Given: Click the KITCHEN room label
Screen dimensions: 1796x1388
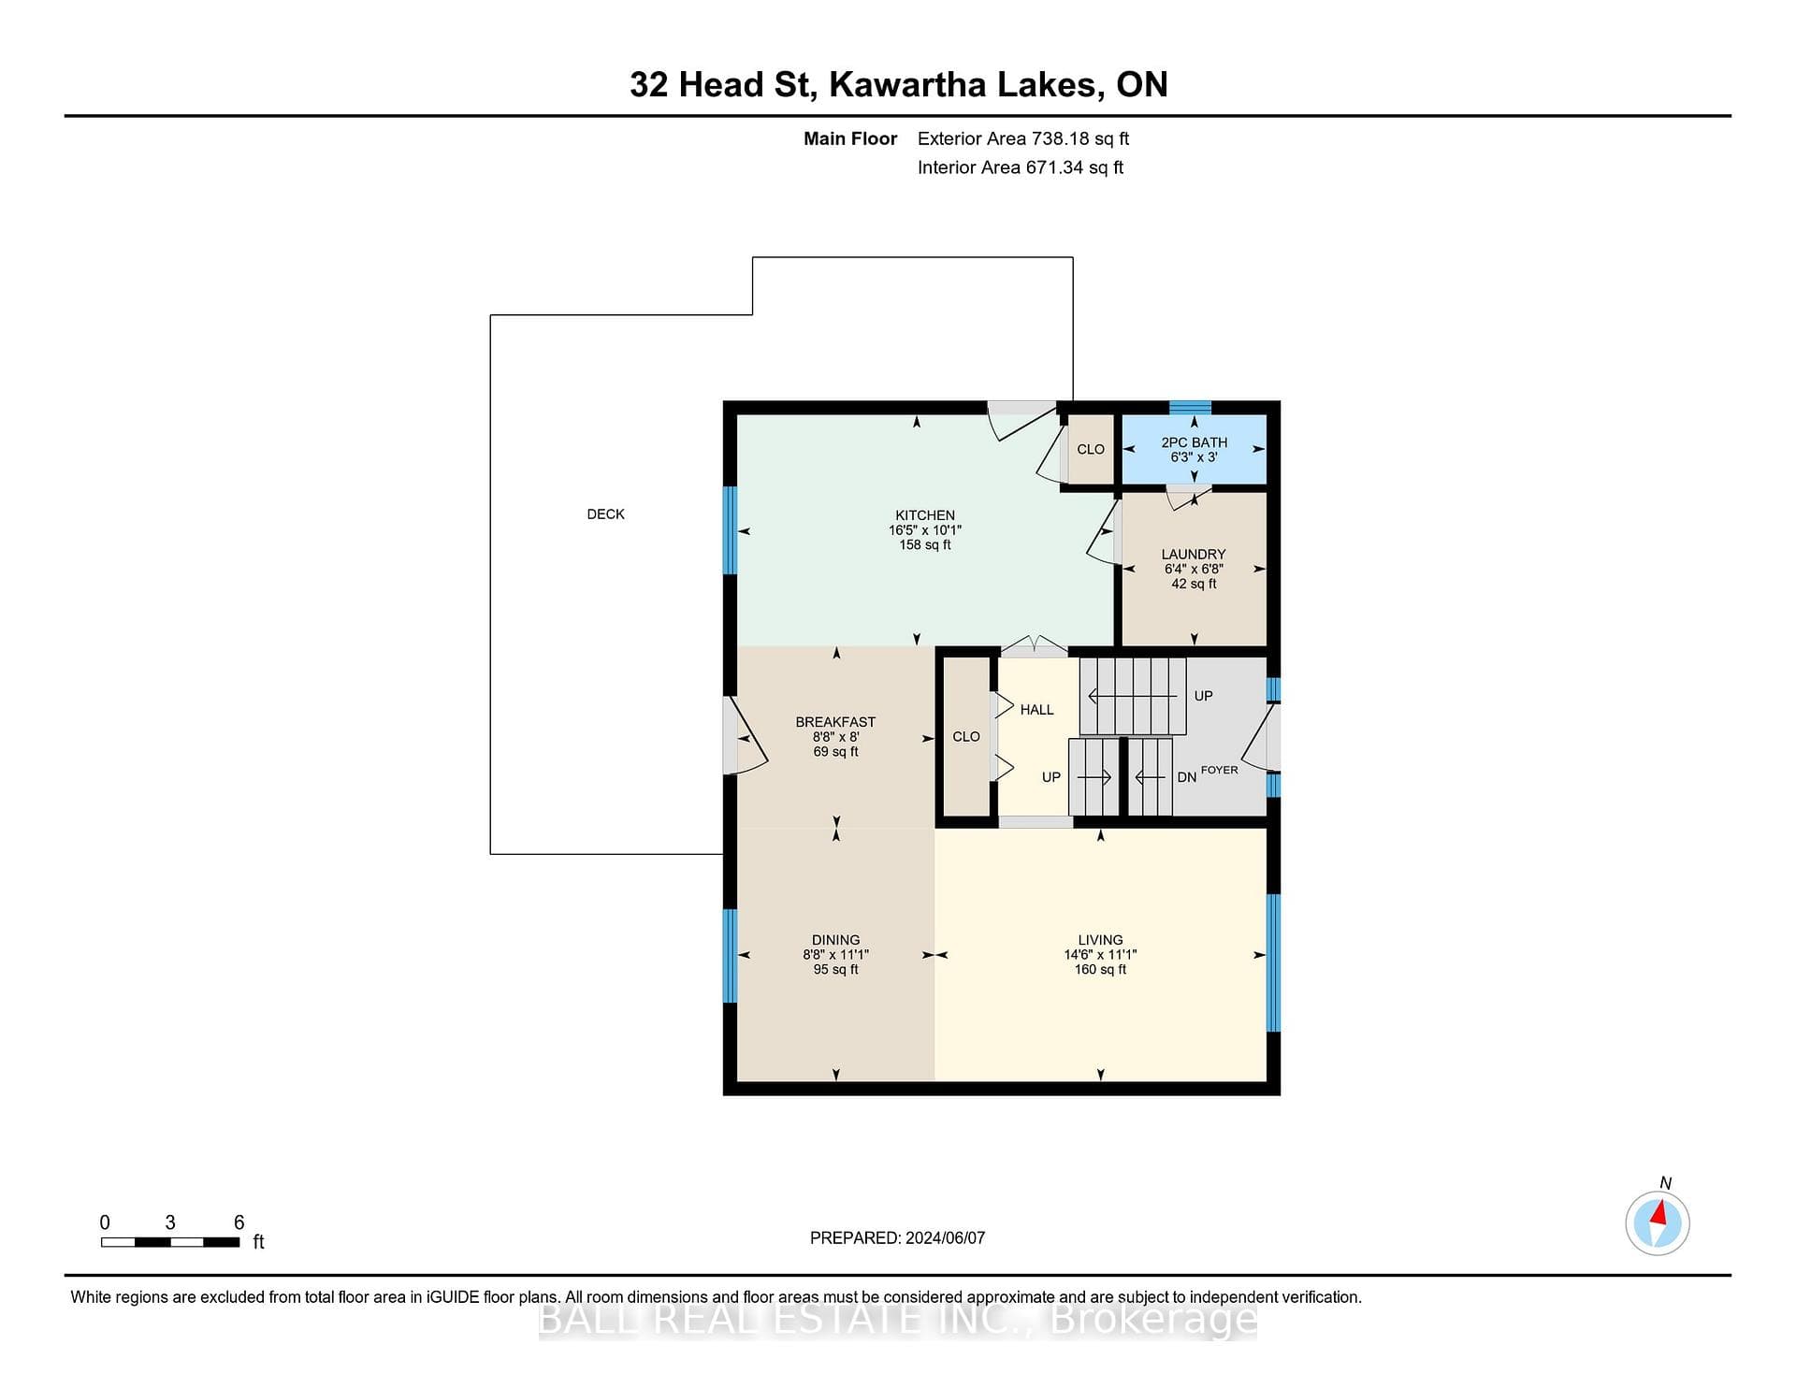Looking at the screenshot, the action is click(x=925, y=515).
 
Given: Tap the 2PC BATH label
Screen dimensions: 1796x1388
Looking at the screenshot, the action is click(x=1195, y=442).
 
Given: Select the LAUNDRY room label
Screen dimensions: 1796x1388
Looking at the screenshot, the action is click(x=1194, y=555).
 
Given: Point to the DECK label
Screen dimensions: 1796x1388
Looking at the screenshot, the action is click(x=605, y=514).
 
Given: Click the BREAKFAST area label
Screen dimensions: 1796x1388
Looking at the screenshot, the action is click(x=835, y=722).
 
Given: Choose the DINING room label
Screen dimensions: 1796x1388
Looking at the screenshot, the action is click(x=835, y=940).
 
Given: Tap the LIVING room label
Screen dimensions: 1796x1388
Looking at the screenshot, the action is click(x=1100, y=940).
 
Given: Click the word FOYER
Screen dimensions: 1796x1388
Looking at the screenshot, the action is click(x=1219, y=770).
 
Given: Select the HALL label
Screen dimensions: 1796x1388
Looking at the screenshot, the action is click(x=1036, y=710).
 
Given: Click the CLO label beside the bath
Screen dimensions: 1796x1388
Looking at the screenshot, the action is click(x=1091, y=449).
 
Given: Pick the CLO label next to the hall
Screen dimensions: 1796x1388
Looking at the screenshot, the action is click(x=966, y=737).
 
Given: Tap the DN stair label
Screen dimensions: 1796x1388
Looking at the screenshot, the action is click(x=1186, y=777).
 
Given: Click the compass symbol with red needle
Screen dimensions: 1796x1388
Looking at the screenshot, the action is click(x=1658, y=1222).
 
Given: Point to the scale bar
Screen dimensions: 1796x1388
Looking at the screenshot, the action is click(x=170, y=1242).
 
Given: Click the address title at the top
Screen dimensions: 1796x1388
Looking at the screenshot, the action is click(x=898, y=84).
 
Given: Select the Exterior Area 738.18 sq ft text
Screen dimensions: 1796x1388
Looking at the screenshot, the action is click(x=1023, y=138).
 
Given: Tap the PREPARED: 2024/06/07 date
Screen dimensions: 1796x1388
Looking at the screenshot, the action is click(x=897, y=1237).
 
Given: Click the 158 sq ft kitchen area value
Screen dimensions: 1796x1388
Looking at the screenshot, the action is click(x=925, y=544).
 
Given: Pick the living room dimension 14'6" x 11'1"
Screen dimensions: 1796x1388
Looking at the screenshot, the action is click(x=1100, y=955).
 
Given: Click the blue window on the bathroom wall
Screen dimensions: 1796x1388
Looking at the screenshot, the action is click(x=1190, y=407).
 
